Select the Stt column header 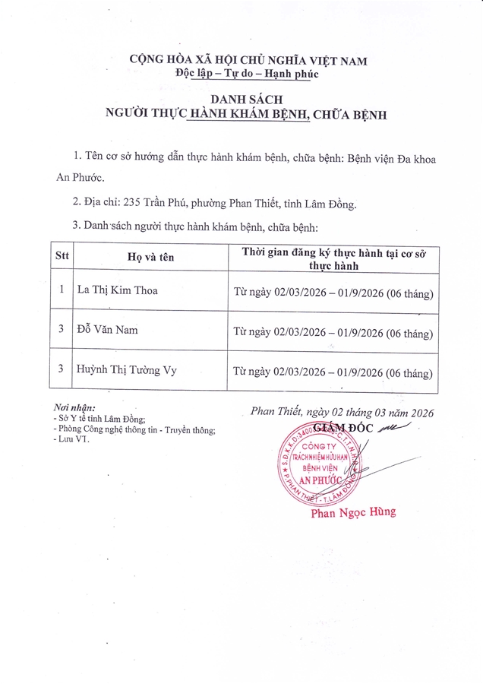coord(62,256)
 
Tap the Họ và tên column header coord(150,257)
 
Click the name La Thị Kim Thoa coord(118,290)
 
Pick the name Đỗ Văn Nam coord(109,330)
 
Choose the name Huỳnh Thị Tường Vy coord(126,370)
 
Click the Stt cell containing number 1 coord(62,290)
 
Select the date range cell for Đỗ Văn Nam coord(333,332)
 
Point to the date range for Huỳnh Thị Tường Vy coord(333,372)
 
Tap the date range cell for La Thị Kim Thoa coord(333,293)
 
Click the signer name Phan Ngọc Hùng coord(353,513)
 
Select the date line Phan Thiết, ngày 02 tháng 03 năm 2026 coord(342,413)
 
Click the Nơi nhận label coord(73,409)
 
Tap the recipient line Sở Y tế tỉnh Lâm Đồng coord(99,419)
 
